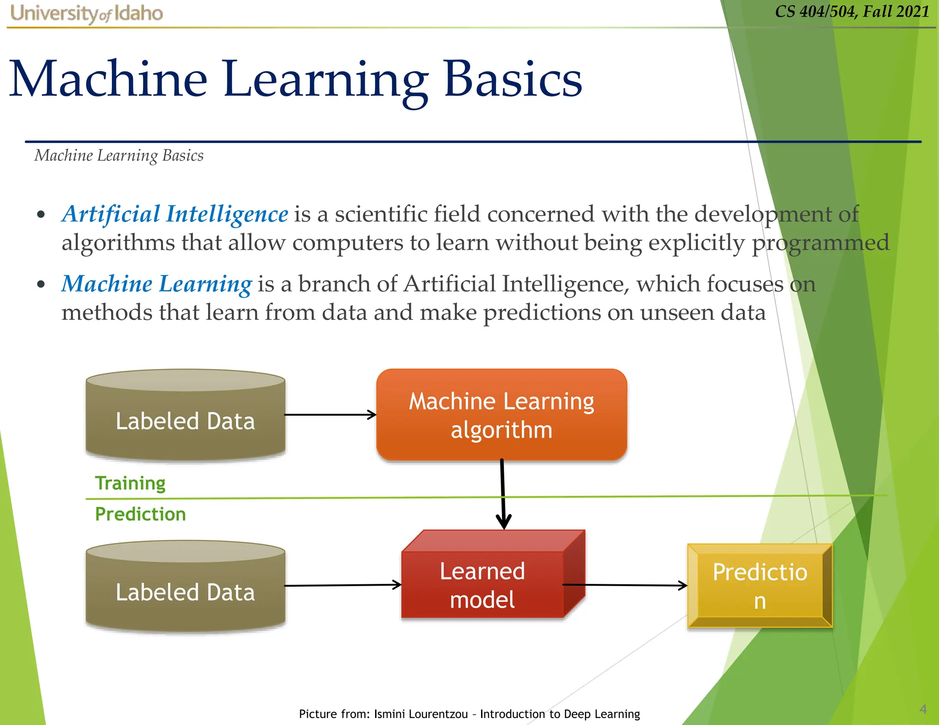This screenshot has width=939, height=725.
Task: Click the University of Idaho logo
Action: coord(86,13)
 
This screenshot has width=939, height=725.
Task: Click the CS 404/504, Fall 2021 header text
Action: coord(851,11)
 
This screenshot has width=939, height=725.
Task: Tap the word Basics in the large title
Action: coord(513,79)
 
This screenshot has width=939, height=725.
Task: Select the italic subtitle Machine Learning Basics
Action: coord(119,155)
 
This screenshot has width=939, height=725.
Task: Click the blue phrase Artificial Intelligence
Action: coord(175,214)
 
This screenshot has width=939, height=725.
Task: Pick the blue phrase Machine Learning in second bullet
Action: coord(156,284)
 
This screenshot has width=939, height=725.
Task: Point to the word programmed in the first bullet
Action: coord(820,243)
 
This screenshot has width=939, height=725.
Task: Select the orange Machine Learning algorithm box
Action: coord(501,415)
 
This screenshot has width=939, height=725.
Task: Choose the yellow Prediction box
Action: coord(759,586)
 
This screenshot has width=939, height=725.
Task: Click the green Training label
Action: coord(130,483)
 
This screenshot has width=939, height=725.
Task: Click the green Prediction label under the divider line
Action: coord(140,514)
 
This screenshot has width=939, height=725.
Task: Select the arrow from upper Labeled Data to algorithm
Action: coord(330,415)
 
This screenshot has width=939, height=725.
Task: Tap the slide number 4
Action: coord(923,709)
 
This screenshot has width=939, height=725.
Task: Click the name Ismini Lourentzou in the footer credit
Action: coord(421,714)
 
